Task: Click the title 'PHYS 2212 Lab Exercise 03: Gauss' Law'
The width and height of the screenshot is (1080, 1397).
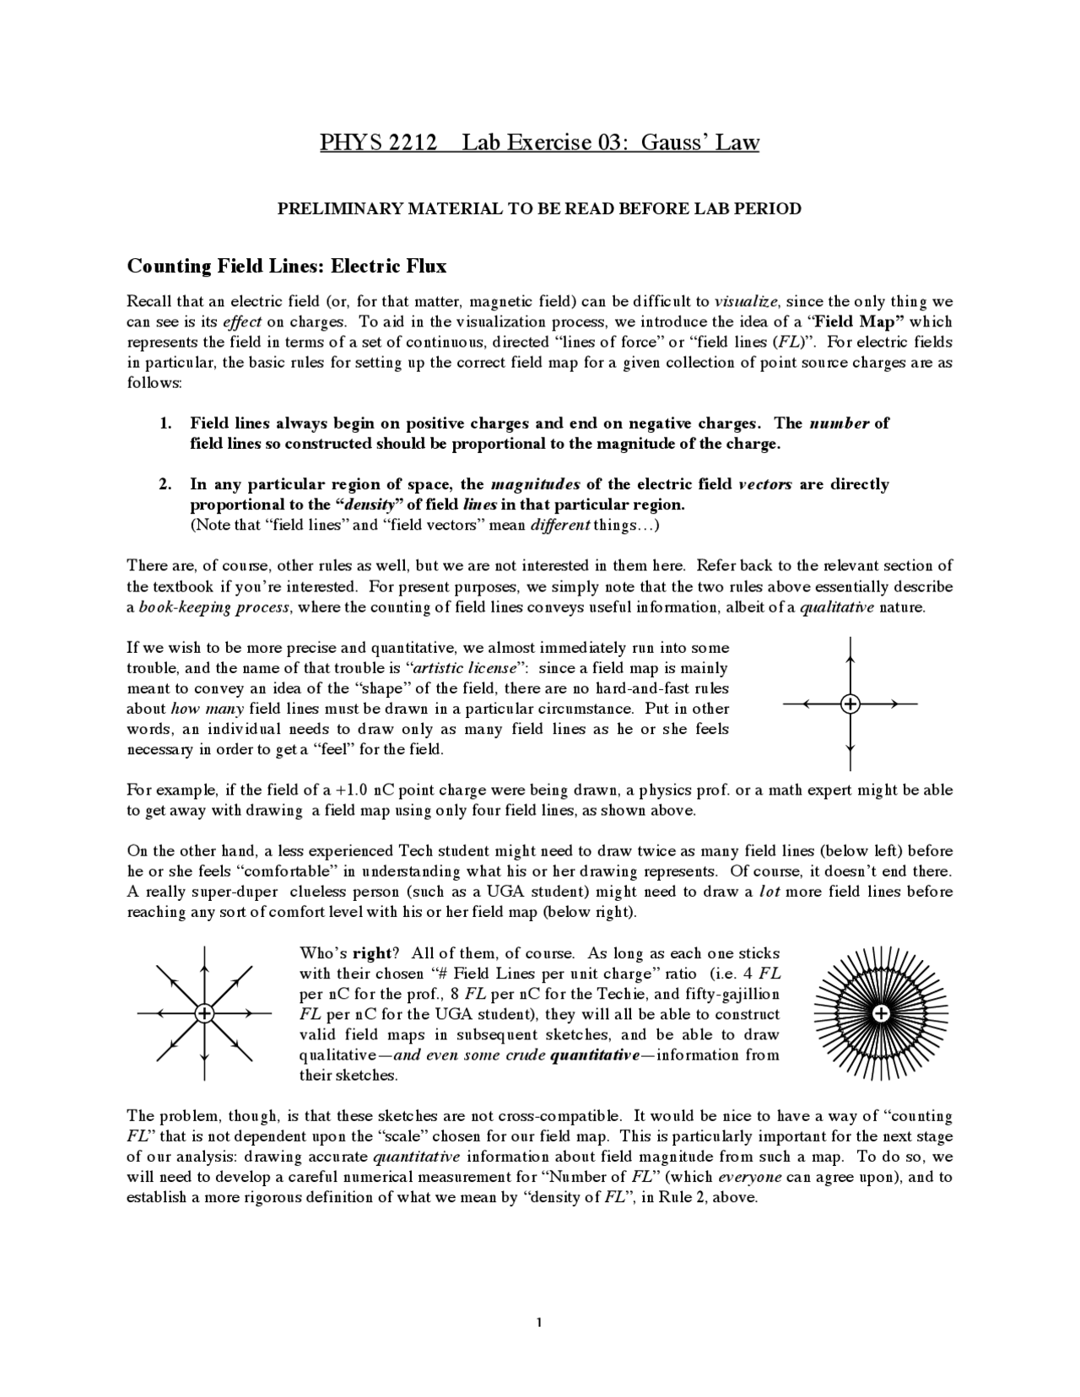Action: (539, 142)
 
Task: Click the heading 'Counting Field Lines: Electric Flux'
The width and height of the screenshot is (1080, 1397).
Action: (286, 267)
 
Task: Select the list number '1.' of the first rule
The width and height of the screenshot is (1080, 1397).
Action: (166, 423)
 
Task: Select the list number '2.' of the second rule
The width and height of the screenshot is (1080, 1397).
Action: (166, 484)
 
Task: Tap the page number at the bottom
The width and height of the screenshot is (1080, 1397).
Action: (538, 1322)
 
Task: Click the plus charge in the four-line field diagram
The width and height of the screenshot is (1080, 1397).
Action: (850, 703)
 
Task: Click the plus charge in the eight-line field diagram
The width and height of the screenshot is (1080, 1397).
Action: (203, 1013)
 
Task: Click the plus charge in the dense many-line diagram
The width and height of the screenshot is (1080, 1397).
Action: (880, 1013)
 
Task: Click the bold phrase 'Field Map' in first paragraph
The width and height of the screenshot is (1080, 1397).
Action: (857, 321)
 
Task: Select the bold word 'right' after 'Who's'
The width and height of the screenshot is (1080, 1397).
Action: (372, 953)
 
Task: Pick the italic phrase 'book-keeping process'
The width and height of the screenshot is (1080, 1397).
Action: (213, 607)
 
